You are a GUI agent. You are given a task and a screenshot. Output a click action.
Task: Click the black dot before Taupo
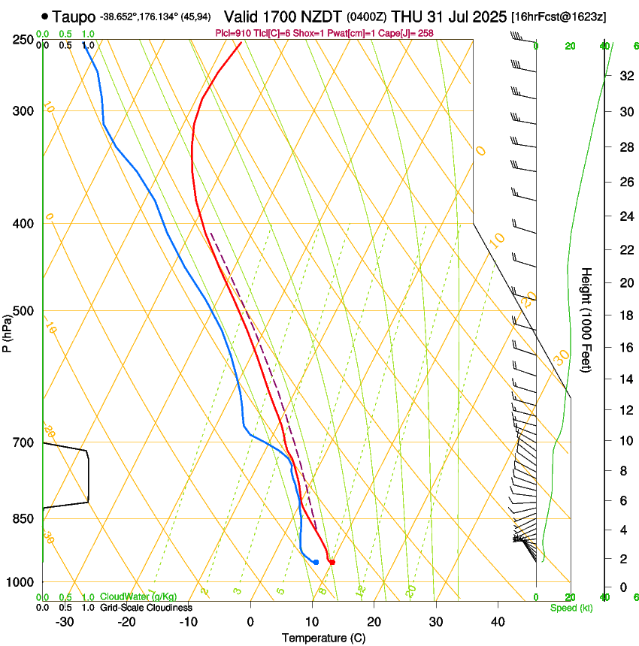coord(46,15)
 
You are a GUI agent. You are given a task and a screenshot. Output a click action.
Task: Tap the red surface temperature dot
coord(332,562)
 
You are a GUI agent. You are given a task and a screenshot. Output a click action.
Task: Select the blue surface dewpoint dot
coord(316,562)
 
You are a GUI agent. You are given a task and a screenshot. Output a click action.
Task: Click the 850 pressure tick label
coord(23,519)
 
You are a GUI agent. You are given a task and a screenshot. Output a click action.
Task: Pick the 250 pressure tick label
coord(23,40)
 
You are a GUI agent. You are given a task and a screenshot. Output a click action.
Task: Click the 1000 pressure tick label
coord(20,582)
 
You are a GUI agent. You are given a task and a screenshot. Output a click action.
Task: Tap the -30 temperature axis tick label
coord(65,621)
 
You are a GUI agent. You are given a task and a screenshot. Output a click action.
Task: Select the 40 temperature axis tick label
coord(498,621)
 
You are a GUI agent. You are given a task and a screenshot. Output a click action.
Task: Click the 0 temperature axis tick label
coord(250,621)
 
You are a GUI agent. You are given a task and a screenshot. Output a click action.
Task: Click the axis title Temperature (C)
coord(323,638)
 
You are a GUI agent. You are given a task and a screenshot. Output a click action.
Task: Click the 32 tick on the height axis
coord(625,76)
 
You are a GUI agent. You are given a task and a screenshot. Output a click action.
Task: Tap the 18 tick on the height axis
coord(625,315)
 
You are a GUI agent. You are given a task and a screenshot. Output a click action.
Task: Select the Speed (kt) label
coord(571,608)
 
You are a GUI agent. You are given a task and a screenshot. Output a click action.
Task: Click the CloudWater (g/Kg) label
coord(138,597)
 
